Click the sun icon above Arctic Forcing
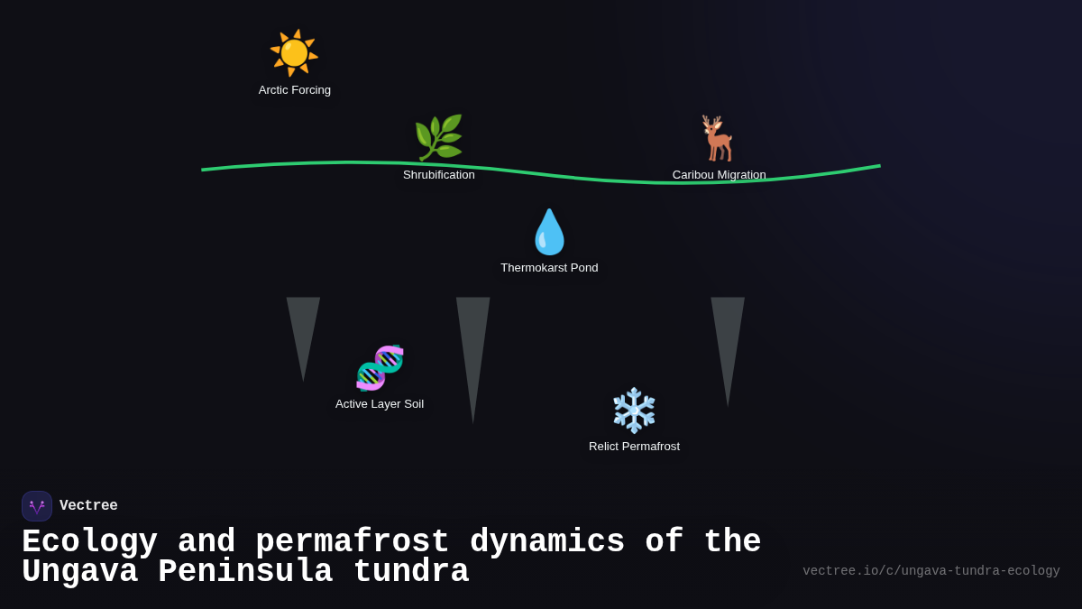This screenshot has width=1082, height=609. (x=294, y=52)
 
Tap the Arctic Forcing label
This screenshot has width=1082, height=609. (x=295, y=90)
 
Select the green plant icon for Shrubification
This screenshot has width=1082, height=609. (x=438, y=138)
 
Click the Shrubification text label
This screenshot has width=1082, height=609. (x=439, y=175)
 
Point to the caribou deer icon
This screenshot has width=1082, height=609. (x=719, y=138)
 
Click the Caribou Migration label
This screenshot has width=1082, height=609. (x=719, y=175)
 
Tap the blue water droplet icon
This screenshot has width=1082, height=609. (x=549, y=232)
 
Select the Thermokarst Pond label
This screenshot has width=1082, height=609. (x=549, y=268)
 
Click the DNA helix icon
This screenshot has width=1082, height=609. (x=380, y=367)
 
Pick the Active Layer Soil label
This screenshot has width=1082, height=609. (x=380, y=404)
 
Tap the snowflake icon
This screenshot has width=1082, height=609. (x=634, y=411)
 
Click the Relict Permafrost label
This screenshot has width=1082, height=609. (x=634, y=447)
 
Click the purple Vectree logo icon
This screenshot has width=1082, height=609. (x=37, y=506)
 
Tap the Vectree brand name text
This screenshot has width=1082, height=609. (x=88, y=506)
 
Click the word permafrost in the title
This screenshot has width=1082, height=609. (x=352, y=542)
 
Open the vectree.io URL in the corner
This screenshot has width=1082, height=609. (x=931, y=571)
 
